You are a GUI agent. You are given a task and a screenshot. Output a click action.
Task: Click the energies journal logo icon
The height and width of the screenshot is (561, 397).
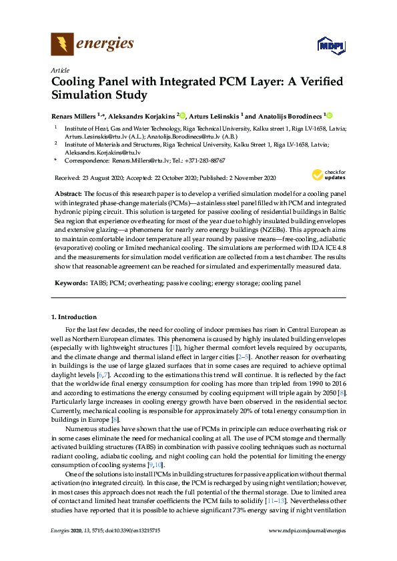tap(63, 45)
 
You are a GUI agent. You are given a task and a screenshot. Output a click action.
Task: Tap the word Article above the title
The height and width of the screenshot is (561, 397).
tap(59, 69)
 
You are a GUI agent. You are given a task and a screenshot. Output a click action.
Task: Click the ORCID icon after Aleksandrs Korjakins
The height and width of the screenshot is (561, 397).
tap(182, 115)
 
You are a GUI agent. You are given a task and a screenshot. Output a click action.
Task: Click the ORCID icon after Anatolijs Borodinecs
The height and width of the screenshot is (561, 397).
tap(328, 115)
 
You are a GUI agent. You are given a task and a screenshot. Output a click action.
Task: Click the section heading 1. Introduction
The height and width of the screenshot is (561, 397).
tap(74, 317)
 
